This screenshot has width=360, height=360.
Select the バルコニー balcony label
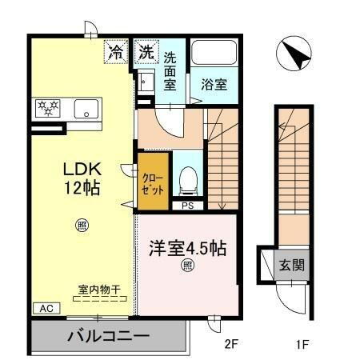tap(108, 334)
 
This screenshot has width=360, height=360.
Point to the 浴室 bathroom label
tap(214, 82)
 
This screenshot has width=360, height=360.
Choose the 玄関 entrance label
tap(290, 264)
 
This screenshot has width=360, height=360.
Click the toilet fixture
tap(187, 180)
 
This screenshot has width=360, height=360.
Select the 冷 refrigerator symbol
tap(116, 54)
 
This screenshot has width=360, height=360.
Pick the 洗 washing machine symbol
tap(146, 54)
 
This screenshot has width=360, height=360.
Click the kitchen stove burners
tap(46, 108)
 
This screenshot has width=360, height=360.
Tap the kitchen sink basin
tap(84, 108)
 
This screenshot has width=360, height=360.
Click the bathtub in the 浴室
tap(214, 54)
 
